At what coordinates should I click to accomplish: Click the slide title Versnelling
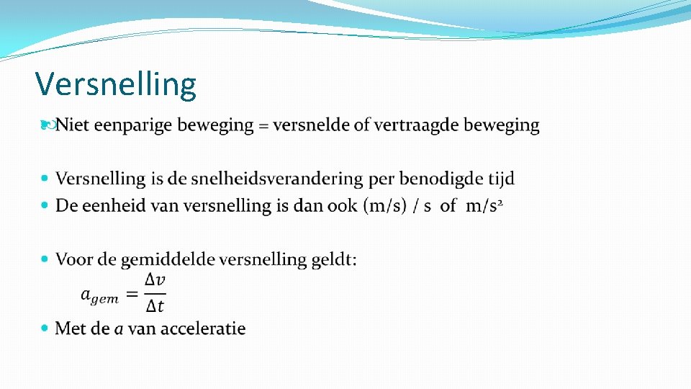coord(116,84)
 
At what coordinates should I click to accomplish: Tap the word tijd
coord(499,179)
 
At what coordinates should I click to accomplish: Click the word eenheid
coord(112,206)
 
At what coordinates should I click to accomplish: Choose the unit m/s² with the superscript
coord(483,206)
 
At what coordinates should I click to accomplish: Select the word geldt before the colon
coord(332,259)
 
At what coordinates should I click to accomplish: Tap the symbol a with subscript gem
coord(99,295)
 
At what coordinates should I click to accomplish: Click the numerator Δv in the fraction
coord(155,280)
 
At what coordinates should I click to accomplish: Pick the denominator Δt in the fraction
coord(155,306)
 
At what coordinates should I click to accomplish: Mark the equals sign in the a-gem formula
coord(132,293)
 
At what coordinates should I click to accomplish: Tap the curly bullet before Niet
coord(47,125)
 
